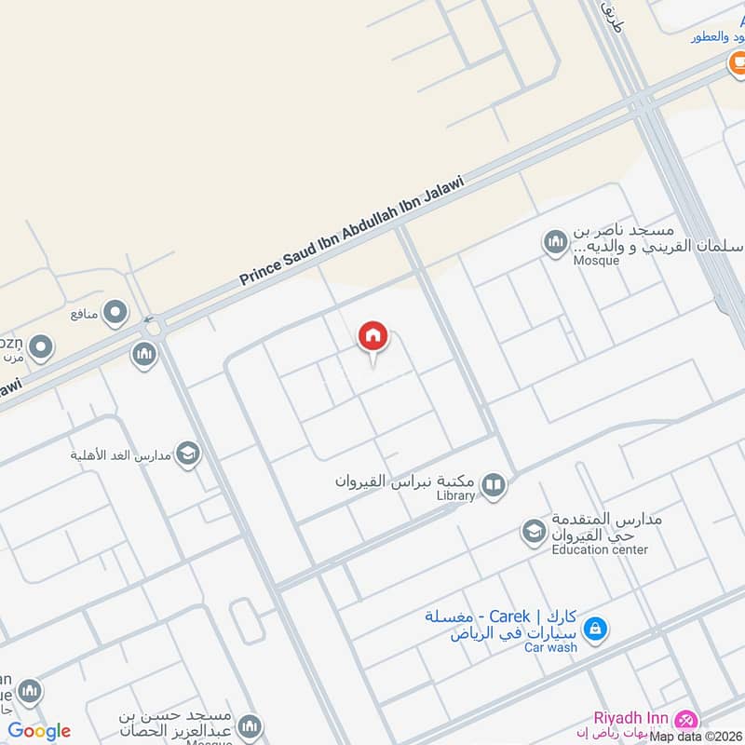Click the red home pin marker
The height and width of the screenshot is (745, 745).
373,337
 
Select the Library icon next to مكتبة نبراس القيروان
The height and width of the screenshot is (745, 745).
494,484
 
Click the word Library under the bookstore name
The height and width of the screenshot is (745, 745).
456,496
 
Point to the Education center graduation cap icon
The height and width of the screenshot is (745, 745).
534,532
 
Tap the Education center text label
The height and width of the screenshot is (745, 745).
600,549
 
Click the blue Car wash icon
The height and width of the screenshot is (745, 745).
596,630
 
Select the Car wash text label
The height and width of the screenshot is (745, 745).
550,647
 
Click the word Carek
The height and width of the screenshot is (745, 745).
511,616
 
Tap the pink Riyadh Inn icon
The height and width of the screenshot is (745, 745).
686,720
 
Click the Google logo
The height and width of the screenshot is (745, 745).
39,731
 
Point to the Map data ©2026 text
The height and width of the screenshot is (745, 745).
697,737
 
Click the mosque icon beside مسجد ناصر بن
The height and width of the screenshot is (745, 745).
556,242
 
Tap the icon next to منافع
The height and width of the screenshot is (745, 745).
115,313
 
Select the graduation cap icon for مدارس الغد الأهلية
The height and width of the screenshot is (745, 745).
187,454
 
